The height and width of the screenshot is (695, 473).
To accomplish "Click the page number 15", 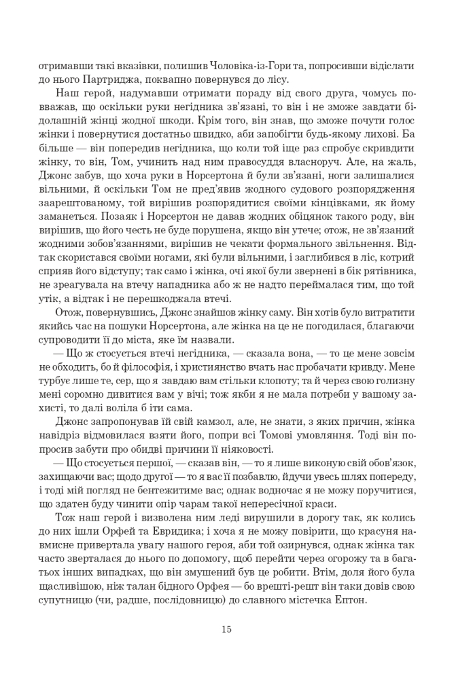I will [227, 629].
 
